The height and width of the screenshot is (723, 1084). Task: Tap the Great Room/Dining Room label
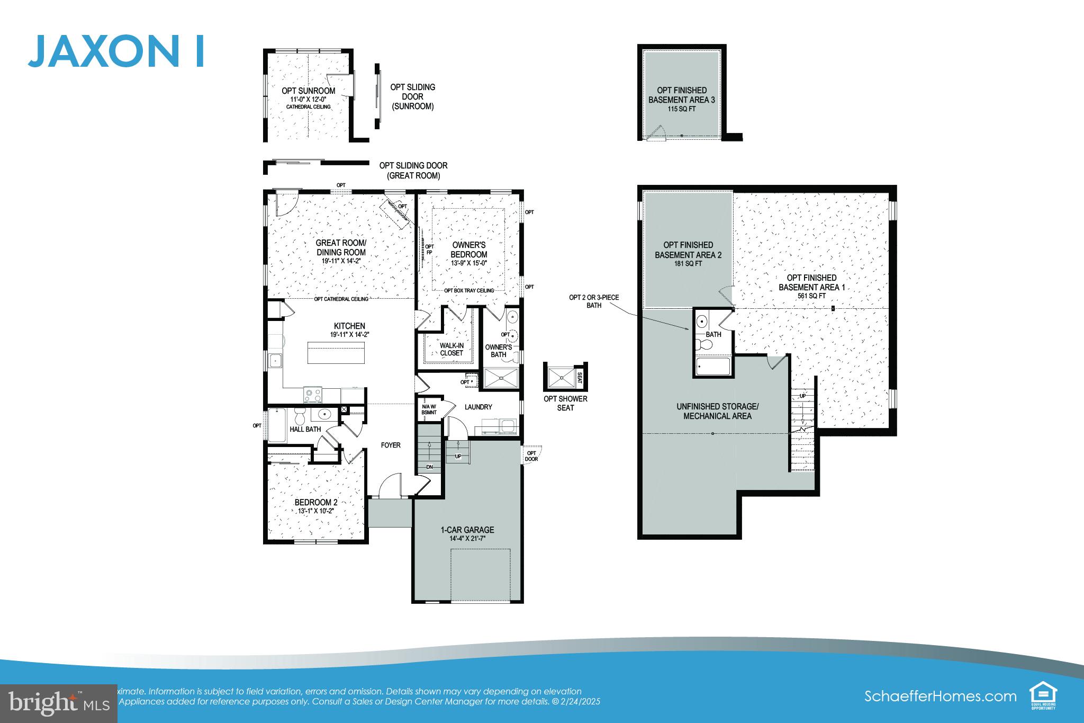(341, 247)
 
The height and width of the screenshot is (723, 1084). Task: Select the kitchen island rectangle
(337, 352)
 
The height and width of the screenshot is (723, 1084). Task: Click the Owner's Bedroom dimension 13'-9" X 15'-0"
(468, 263)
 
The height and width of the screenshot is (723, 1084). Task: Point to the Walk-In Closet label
(451, 349)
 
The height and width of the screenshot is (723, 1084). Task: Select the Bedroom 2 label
(316, 502)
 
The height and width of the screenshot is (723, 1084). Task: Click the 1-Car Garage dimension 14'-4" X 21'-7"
(467, 539)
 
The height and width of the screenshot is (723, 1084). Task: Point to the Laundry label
(478, 407)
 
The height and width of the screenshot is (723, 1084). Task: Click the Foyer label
(391, 445)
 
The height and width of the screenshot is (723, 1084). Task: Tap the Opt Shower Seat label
(565, 403)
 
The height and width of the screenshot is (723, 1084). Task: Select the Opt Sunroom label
(308, 91)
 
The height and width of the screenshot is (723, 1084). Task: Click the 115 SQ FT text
(681, 109)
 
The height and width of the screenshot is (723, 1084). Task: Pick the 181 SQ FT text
(688, 264)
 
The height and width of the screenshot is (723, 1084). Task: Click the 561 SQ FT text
(811, 296)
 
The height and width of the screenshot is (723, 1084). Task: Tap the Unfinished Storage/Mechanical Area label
(717, 411)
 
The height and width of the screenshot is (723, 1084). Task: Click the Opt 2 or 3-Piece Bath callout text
(593, 301)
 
